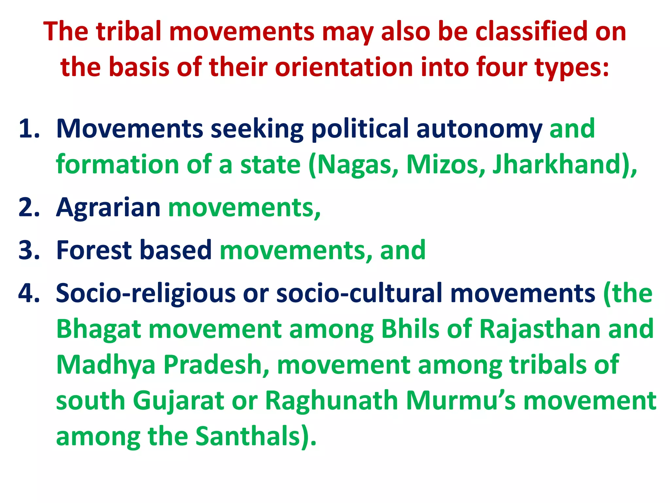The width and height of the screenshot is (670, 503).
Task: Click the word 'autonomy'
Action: coord(479,129)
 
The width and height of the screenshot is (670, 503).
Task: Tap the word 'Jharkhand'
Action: coord(556,164)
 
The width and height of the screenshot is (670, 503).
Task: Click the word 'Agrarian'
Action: coord(108,207)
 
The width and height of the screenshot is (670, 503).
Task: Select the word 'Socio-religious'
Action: coord(146,293)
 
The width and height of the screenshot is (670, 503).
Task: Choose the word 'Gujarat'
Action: coord(178,401)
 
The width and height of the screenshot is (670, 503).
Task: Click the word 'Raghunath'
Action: coord(331,401)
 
